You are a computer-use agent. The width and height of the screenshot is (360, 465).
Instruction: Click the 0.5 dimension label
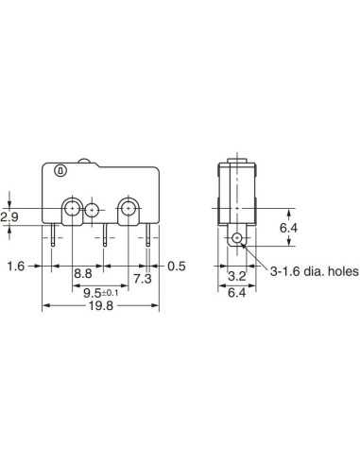176,267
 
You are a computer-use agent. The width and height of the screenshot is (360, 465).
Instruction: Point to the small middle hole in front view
92,211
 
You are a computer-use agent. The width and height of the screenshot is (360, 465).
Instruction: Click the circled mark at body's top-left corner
60,171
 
